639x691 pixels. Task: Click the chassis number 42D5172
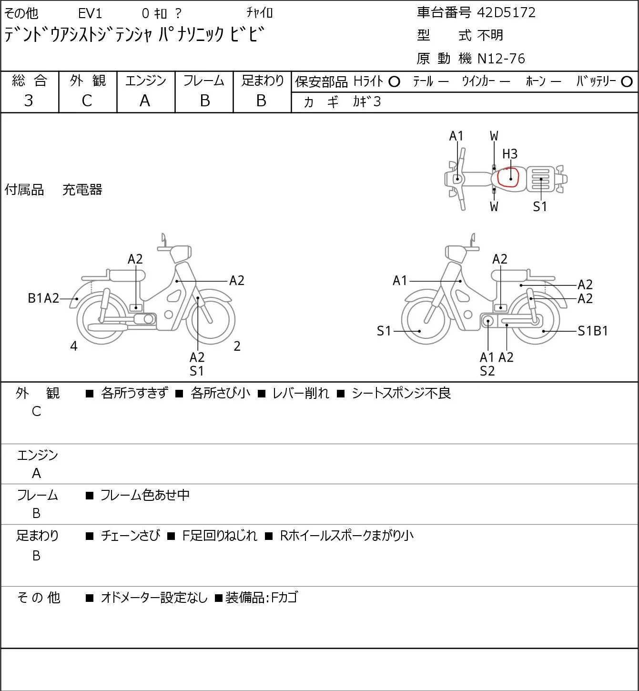point(506,12)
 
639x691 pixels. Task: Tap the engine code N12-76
point(501,59)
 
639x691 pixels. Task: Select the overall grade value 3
point(29,101)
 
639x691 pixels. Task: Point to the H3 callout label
point(510,154)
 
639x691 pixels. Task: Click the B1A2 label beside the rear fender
point(43,298)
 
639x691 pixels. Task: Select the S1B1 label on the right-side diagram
point(593,331)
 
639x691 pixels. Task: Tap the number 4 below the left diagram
point(74,346)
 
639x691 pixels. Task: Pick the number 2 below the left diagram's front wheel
point(237,346)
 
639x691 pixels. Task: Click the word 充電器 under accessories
point(82,190)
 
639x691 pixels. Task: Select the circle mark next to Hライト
point(395,81)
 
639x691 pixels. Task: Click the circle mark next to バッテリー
point(627,81)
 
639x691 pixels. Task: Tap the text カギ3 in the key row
point(367,102)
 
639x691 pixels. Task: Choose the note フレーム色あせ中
point(145,495)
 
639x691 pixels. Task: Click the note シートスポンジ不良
point(401,393)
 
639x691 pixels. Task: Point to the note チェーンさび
point(131,535)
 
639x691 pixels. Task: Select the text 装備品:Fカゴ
point(262,597)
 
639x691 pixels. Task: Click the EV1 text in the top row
point(90,13)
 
